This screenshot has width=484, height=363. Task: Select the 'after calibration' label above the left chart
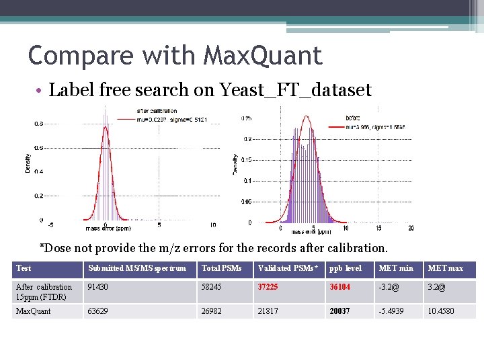pyautogui.click(x=157, y=111)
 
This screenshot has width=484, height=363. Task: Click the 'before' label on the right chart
pyautogui.click(x=353, y=118)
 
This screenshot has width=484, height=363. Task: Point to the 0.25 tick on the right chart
pyautogui.click(x=247, y=118)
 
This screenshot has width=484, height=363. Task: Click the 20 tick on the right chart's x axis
pyautogui.click(x=411, y=229)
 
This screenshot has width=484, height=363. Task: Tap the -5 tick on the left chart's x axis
pyautogui.click(x=50, y=225)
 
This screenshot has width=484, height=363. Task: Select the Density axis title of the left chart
pyautogui.click(x=28, y=161)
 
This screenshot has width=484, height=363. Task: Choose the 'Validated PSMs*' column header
pyautogui.click(x=287, y=269)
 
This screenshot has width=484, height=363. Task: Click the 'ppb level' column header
pyautogui.click(x=346, y=269)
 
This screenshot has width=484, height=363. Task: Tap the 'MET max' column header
pyautogui.click(x=446, y=269)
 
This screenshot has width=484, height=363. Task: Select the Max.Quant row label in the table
pyautogui.click(x=34, y=311)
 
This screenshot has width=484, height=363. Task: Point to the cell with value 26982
pyautogui.click(x=213, y=311)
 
